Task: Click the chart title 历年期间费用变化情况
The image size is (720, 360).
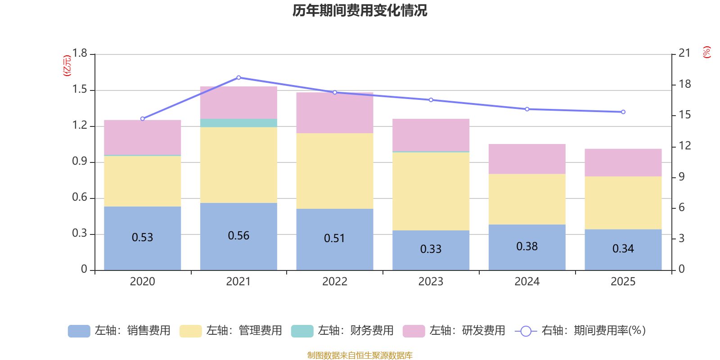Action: [x=360, y=10]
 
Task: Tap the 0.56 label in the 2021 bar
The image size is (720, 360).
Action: [x=238, y=236]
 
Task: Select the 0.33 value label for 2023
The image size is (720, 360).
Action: [x=431, y=249]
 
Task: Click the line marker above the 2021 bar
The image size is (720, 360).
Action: [x=238, y=77]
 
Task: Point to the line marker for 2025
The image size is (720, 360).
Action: [x=623, y=112]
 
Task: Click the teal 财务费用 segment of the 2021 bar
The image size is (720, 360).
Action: [x=238, y=123]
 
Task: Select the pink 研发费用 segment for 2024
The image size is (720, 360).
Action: [x=527, y=159]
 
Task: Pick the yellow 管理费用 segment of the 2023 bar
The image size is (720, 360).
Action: [x=431, y=191]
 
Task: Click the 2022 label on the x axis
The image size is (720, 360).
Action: [x=334, y=282]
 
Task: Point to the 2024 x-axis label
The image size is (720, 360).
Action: [x=527, y=282]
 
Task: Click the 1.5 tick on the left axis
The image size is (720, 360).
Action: [x=80, y=90]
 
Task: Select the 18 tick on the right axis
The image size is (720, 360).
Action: [x=684, y=84]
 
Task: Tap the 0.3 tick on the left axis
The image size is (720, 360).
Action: [x=80, y=234]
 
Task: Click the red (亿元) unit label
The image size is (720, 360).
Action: [x=67, y=66]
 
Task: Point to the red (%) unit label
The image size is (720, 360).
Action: [x=706, y=52]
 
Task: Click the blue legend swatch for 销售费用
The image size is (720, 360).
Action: [x=79, y=331]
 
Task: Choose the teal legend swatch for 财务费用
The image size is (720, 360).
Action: [x=302, y=331]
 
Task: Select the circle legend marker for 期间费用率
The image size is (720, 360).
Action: [x=526, y=331]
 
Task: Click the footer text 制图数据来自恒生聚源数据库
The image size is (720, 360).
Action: [x=360, y=355]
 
